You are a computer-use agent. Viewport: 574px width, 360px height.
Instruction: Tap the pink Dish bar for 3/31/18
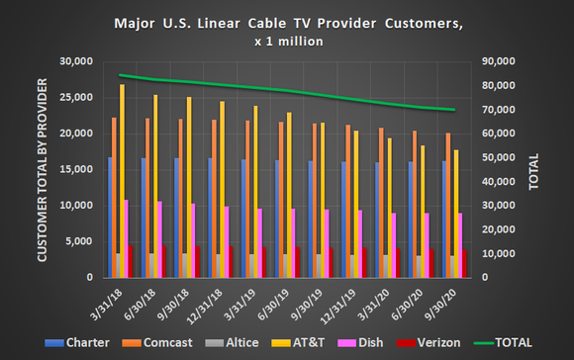(126, 238)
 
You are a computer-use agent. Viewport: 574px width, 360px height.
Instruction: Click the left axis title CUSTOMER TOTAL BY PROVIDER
(43, 168)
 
